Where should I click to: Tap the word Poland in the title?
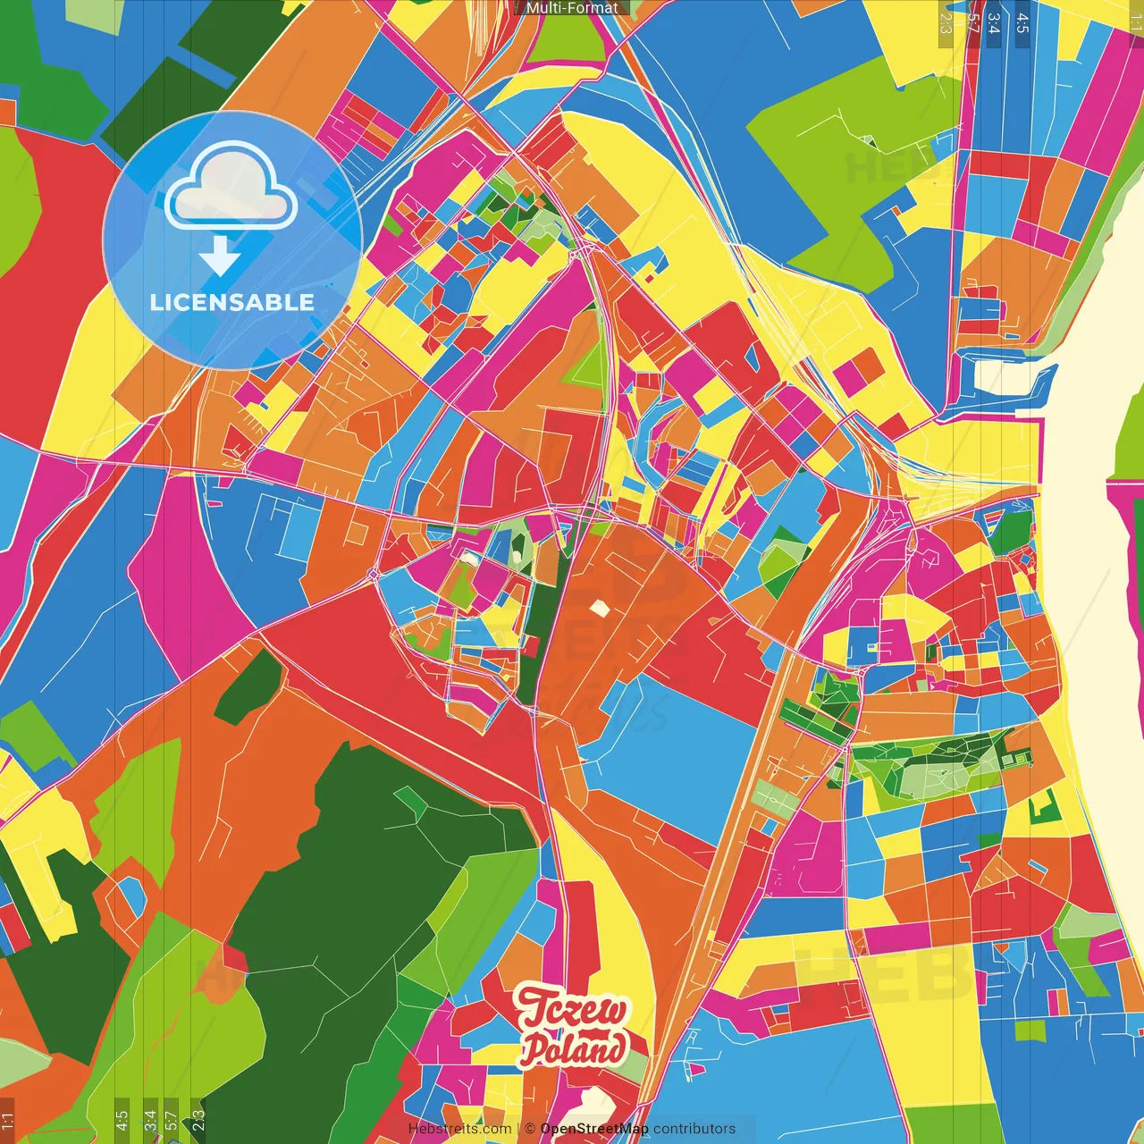574,1048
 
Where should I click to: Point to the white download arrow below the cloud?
220,256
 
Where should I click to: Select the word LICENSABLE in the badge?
232,302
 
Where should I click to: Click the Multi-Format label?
572,8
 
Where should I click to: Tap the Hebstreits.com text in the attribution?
459,1129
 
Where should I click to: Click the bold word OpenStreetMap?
594,1129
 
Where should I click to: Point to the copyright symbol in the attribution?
530,1129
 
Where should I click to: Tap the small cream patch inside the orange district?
599,609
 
